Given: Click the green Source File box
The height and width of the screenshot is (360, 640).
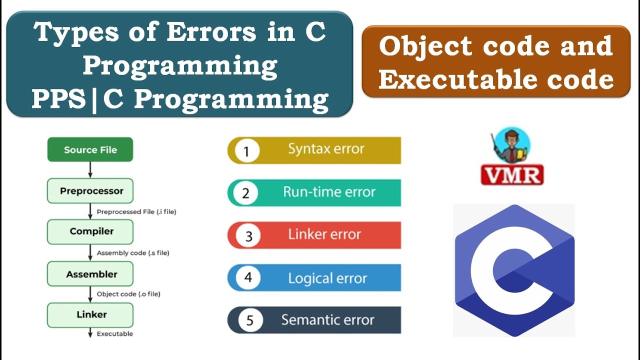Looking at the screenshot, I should pyautogui.click(x=90, y=149).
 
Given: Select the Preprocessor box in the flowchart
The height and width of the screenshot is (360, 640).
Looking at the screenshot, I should pyautogui.click(x=90, y=191).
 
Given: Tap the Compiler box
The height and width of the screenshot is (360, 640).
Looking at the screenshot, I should pyautogui.click(x=90, y=231).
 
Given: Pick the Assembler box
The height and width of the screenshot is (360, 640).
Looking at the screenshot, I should pyautogui.click(x=90, y=274).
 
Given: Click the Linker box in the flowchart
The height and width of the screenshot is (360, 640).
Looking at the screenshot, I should pyautogui.click(x=90, y=314).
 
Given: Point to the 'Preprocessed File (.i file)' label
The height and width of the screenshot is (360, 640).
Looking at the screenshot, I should pyautogui.click(x=136, y=212).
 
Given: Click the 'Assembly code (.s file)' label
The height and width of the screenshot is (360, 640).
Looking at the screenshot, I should pyautogui.click(x=132, y=253).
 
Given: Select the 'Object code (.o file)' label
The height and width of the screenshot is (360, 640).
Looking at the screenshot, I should pyautogui.click(x=128, y=294).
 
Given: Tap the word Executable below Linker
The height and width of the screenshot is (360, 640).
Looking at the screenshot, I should pyautogui.click(x=114, y=333).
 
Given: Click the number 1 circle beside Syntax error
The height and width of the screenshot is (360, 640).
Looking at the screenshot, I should pyautogui.click(x=246, y=151).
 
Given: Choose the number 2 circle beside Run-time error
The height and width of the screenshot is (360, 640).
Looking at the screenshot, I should pyautogui.click(x=246, y=193).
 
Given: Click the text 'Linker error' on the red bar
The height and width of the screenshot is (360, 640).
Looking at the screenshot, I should pyautogui.click(x=324, y=234).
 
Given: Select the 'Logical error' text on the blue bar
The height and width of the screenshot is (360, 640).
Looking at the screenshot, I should pyautogui.click(x=327, y=278).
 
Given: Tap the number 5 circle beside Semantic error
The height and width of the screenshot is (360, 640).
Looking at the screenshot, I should pyautogui.click(x=249, y=320).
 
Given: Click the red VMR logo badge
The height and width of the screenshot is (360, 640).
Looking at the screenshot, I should pyautogui.click(x=512, y=175).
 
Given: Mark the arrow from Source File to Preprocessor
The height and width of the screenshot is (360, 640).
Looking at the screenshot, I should pyautogui.click(x=90, y=169).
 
